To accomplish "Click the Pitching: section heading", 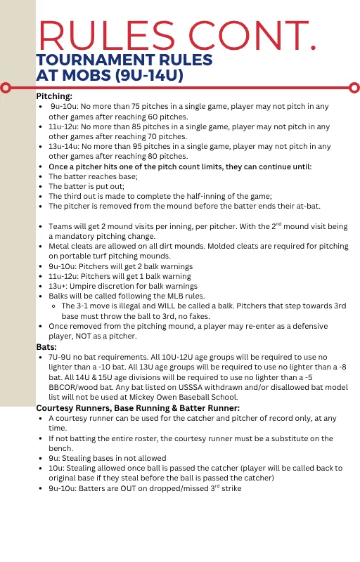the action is pyautogui.click(x=54, y=96).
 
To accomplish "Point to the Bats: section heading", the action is pyautogui.click(x=47, y=347).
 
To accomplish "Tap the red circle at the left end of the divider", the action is pyautogui.click(x=6, y=88).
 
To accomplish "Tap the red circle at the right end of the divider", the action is pyautogui.click(x=354, y=88).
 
